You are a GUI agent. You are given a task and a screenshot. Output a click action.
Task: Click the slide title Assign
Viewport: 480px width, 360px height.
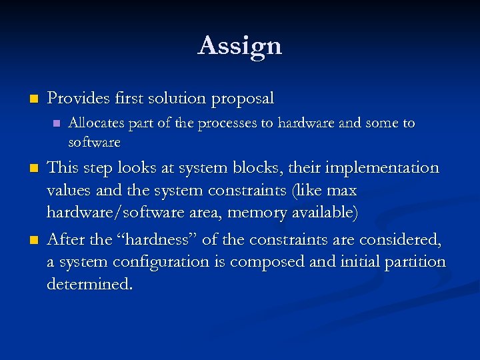tap(240, 46)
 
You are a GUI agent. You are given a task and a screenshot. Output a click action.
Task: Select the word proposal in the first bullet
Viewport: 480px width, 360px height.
tap(243, 99)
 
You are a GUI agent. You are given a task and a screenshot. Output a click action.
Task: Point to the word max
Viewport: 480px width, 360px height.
tap(341, 191)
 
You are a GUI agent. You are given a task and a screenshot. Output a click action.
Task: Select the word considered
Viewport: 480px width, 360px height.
tap(399, 239)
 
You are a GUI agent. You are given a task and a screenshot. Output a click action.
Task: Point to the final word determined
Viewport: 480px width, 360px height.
tap(89, 285)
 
